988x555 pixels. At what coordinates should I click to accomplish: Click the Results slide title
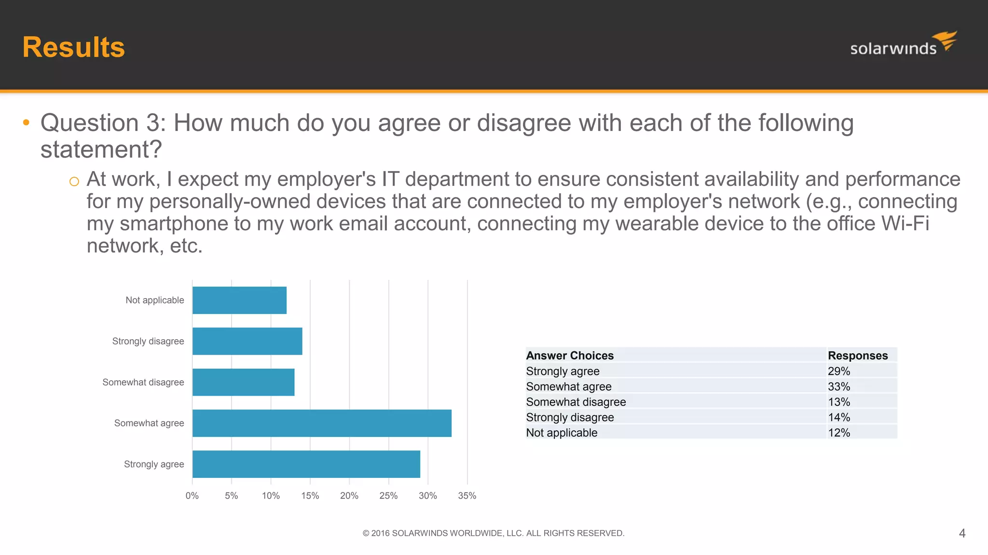(x=73, y=47)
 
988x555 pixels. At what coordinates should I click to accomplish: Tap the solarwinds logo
(x=903, y=45)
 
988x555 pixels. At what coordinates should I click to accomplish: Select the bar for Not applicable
(x=239, y=300)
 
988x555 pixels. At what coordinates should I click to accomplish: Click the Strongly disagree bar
(x=247, y=341)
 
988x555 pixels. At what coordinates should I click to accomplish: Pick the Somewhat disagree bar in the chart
(x=243, y=382)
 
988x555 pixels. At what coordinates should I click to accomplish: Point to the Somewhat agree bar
(x=322, y=423)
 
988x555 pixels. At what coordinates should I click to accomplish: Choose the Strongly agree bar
(x=306, y=464)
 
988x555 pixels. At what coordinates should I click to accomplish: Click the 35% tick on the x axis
(x=467, y=496)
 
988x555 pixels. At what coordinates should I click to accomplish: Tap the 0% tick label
(x=192, y=496)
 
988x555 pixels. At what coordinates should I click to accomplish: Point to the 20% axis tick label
(x=349, y=496)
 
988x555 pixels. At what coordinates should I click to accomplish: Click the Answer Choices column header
(x=570, y=356)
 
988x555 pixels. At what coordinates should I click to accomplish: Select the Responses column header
(x=858, y=356)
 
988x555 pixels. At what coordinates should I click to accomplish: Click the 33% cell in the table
(x=839, y=386)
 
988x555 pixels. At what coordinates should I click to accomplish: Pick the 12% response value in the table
(x=839, y=433)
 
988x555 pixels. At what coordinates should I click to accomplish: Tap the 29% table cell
(x=839, y=371)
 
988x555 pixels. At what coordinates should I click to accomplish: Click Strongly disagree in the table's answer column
(x=570, y=417)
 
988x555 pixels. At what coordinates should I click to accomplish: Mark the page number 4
(x=962, y=533)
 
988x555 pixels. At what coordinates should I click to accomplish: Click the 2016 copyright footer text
(x=493, y=533)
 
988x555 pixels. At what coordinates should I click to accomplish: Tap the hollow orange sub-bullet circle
(x=74, y=182)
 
